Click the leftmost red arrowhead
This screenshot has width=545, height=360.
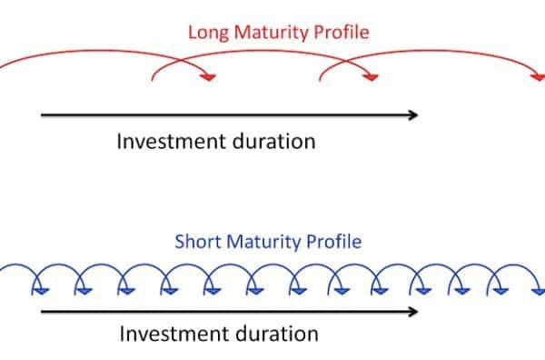[209, 78]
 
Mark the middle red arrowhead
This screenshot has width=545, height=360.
[370, 78]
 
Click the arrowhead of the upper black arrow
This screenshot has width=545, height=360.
[413, 115]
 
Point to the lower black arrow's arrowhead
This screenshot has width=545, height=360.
[413, 311]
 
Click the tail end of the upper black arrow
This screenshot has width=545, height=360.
[42, 115]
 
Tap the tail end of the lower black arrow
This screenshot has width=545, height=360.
[42, 311]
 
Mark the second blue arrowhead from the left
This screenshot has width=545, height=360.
[80, 290]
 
